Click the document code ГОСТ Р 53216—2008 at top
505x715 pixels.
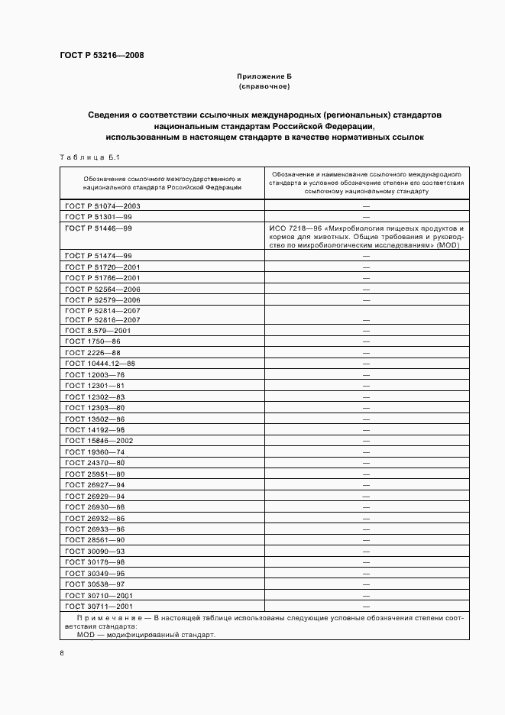click(102, 56)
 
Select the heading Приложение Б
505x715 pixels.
click(264, 77)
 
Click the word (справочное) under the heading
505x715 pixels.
click(264, 87)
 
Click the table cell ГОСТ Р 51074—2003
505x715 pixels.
click(103, 205)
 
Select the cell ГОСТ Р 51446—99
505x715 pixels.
click(99, 228)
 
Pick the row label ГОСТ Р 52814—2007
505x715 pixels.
click(103, 311)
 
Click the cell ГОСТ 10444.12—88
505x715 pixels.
click(100, 364)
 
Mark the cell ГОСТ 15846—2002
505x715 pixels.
click(99, 441)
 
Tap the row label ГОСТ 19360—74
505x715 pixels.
click(95, 452)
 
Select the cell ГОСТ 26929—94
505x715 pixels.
click(95, 496)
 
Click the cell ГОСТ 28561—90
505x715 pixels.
click(95, 540)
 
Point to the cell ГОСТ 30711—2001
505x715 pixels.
click(99, 606)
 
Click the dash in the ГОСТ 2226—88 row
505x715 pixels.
click(366, 353)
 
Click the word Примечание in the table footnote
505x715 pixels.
click(105, 616)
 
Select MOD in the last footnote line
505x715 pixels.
click(86, 634)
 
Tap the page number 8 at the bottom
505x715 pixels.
click(62, 653)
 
